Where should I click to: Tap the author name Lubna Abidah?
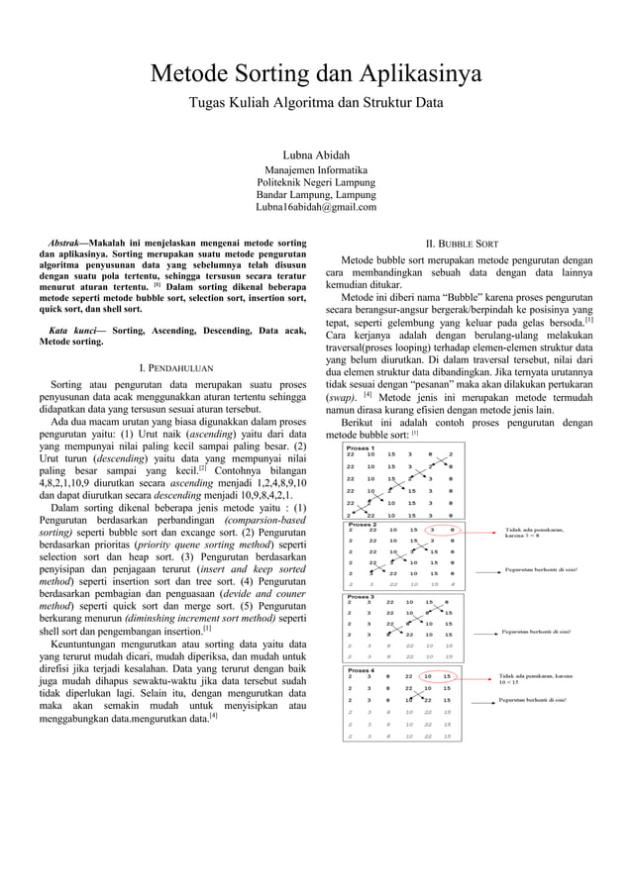pos(316,154)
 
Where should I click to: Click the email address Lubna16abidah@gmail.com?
pos(316,207)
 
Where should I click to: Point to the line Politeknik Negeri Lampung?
pos(316,183)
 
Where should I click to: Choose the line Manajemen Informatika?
pos(316,170)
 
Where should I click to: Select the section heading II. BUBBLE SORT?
pos(461,242)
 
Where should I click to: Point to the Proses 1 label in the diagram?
pos(360,447)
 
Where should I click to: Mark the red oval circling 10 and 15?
pos(438,677)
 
